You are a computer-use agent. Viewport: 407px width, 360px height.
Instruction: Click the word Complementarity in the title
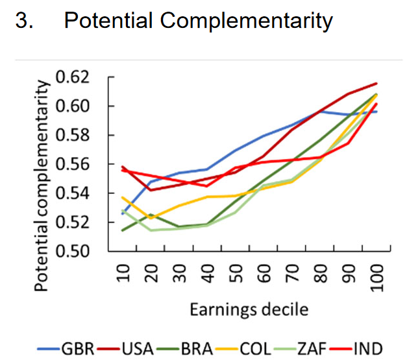[246, 21]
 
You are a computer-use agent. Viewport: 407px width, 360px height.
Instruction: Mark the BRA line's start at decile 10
[123, 230]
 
